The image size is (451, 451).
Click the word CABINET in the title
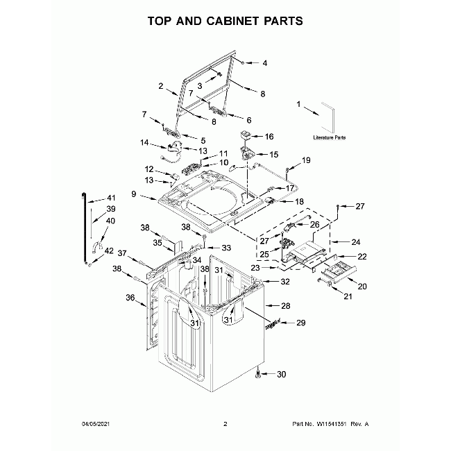[x=232, y=21]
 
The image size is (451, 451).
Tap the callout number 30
[x=281, y=374]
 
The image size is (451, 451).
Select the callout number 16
[x=269, y=136]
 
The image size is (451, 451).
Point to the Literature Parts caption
[x=330, y=137]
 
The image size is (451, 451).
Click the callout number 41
[x=111, y=198]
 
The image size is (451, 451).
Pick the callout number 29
[x=300, y=323]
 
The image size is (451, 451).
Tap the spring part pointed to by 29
[x=273, y=325]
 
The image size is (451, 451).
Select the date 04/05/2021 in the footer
[x=96, y=424]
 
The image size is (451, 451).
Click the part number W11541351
[x=332, y=424]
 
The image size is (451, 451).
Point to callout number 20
[x=362, y=287]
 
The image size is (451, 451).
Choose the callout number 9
[x=134, y=194]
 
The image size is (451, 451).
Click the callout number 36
[x=130, y=298]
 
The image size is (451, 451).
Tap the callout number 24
[x=355, y=242]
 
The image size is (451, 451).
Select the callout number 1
[x=298, y=104]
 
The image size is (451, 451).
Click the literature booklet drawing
[x=328, y=117]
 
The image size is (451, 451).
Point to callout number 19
[x=306, y=160]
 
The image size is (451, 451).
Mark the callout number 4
[x=264, y=63]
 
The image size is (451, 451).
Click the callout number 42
[x=109, y=250]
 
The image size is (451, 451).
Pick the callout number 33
[x=226, y=248]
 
